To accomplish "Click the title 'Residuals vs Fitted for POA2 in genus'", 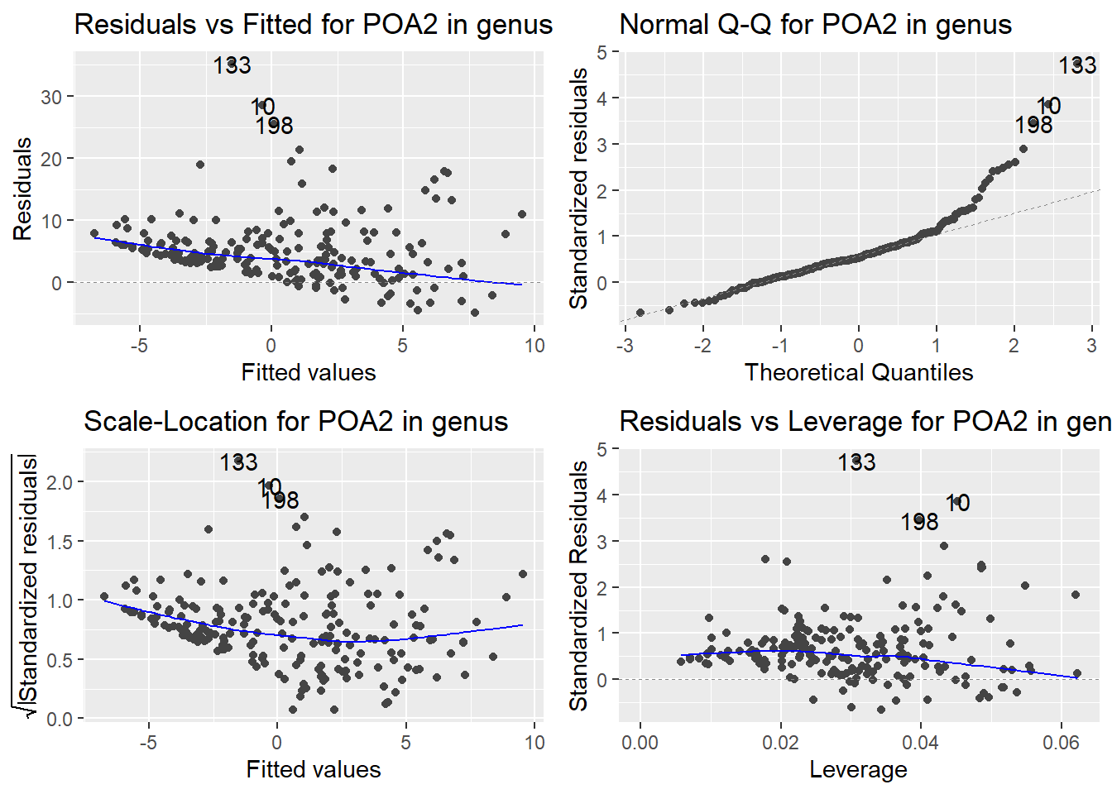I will click(313, 25).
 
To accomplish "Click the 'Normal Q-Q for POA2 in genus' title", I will click(815, 25).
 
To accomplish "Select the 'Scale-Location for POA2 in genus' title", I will click(295, 422).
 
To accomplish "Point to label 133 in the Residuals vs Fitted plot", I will click(232, 65).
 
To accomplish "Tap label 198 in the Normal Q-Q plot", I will click(1033, 125).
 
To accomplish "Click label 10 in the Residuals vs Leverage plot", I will click(957, 503).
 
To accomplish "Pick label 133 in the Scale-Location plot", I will click(238, 462).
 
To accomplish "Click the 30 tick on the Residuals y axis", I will click(51, 97).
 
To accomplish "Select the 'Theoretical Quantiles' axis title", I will click(858, 372).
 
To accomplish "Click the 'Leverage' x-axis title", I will click(858, 769).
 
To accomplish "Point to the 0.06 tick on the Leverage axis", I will click(1061, 742).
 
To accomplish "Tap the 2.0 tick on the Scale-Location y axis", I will click(60, 482).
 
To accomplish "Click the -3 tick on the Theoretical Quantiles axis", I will click(625, 345).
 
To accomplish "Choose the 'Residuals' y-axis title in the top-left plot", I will click(22, 189).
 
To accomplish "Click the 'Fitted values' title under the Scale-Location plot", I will click(313, 769).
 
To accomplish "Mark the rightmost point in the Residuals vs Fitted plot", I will click(522, 214).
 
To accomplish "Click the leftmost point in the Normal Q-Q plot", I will click(640, 313).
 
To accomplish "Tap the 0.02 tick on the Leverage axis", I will click(780, 742).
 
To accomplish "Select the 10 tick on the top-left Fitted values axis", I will click(534, 345).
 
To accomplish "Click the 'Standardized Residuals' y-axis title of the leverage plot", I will click(578, 586).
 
